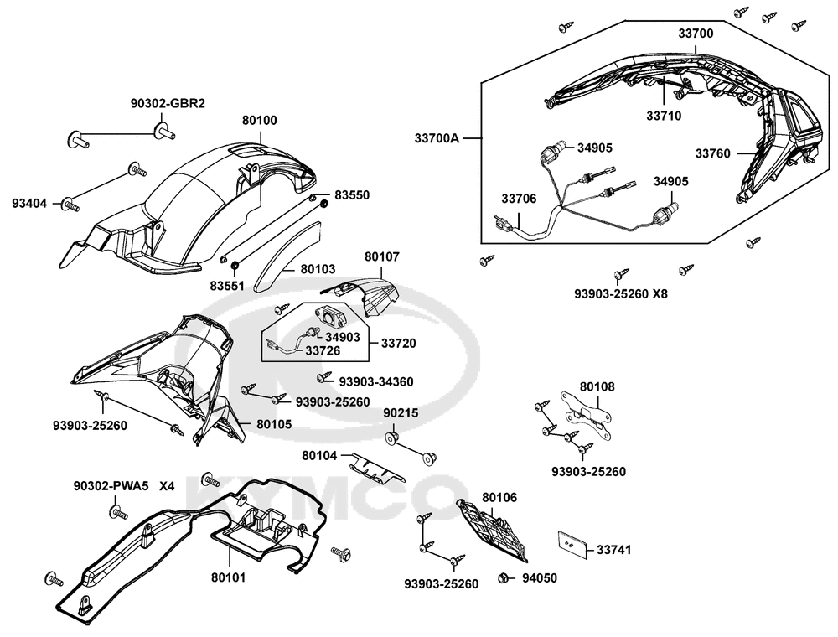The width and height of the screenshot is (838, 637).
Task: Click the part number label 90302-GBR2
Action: coord(168,103)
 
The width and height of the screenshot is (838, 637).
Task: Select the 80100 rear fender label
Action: coord(260,120)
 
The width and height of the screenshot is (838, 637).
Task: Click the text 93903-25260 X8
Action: coord(621,294)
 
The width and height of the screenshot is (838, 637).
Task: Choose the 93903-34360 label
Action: coord(375,381)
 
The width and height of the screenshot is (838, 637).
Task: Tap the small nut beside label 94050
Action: coord(503,577)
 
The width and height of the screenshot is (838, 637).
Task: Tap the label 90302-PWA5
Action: coord(111,486)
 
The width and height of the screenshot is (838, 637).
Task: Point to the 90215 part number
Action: coord(401,414)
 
